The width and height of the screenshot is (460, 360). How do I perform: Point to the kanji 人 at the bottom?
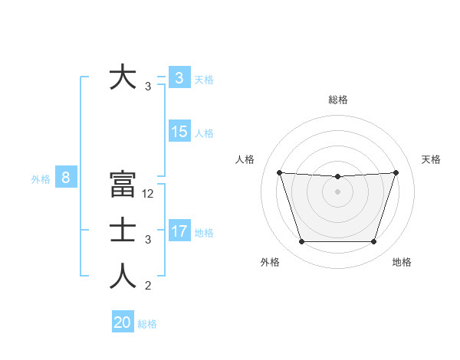point(123,277)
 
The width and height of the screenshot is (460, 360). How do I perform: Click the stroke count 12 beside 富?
point(149,194)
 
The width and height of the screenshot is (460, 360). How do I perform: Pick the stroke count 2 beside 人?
point(148,286)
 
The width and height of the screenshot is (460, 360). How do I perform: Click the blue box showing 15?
point(179,132)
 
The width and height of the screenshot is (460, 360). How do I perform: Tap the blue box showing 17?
point(179,231)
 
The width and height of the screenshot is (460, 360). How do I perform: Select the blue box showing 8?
point(66,178)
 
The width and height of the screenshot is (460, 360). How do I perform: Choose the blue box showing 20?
point(123,322)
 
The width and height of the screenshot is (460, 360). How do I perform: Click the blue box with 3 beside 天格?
point(179,77)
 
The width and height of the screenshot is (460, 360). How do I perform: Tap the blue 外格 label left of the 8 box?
point(41,179)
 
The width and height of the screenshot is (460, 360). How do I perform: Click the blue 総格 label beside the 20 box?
point(147,324)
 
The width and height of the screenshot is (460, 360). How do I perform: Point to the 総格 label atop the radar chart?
point(338,100)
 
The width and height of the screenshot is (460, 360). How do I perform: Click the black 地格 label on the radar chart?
point(402,262)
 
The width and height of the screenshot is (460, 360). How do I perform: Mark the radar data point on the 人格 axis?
point(280,172)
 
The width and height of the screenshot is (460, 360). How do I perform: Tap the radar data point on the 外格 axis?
point(301,242)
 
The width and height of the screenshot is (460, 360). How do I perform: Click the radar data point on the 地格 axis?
point(374,242)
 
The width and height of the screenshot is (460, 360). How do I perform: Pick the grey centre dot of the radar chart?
point(337,191)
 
